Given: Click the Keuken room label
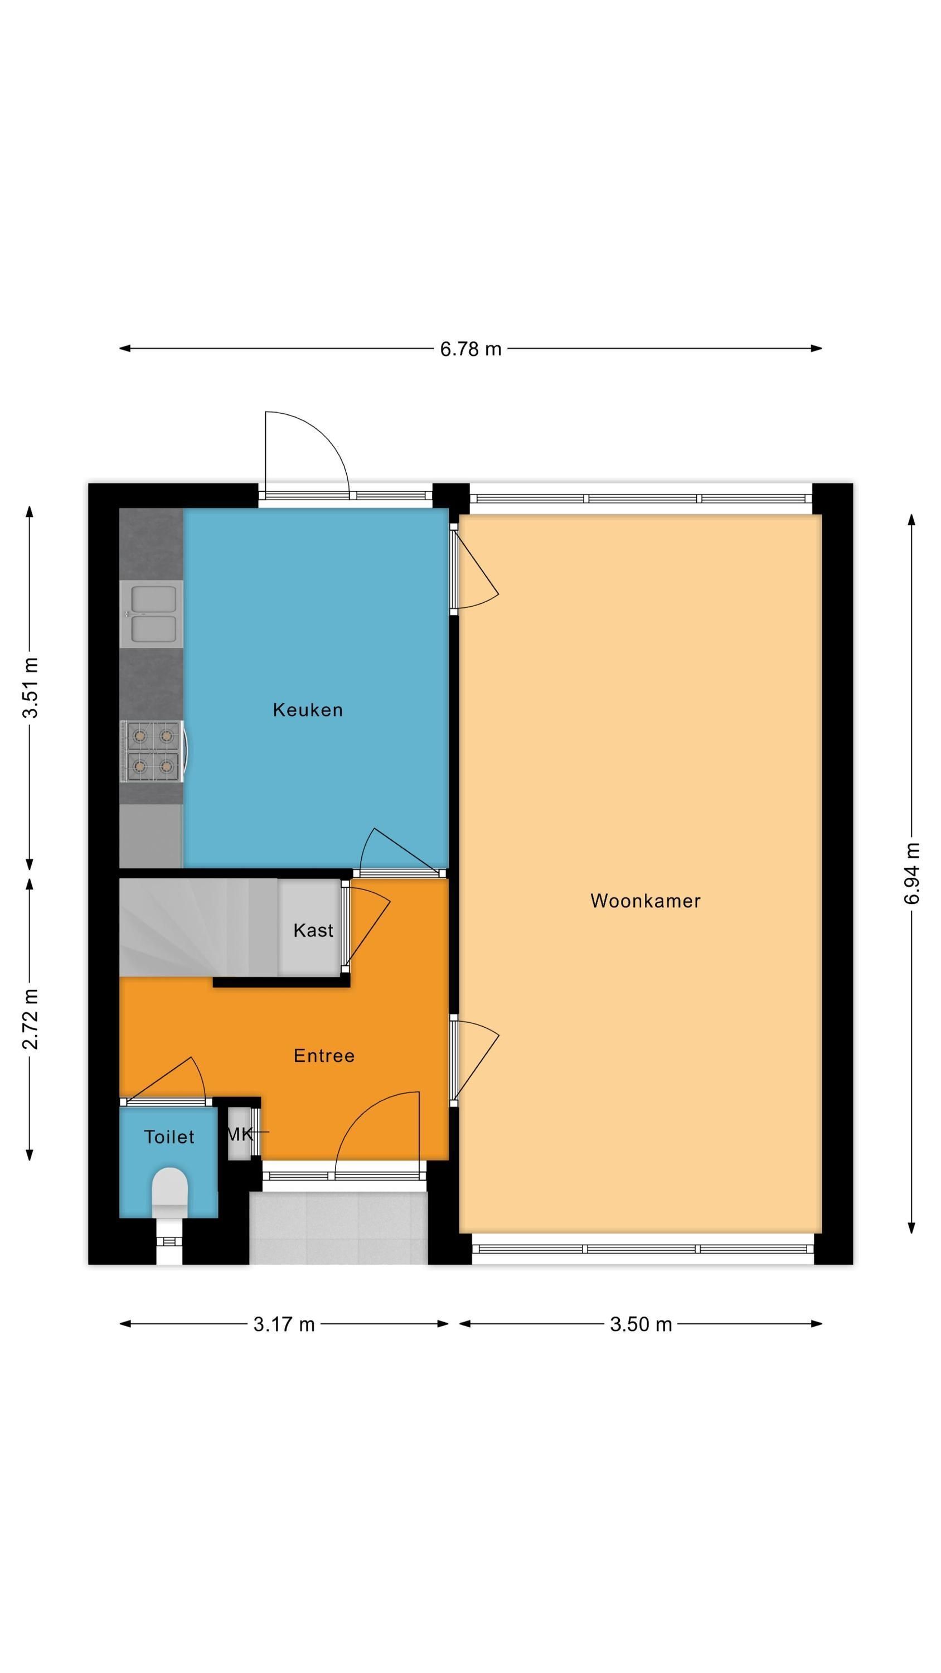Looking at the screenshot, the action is tap(307, 710).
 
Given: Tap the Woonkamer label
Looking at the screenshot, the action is tap(646, 901).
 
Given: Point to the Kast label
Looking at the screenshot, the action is tap(313, 930).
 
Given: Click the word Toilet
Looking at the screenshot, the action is tap(169, 1137).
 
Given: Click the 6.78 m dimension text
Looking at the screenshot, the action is tap(471, 350).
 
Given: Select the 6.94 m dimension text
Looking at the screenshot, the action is tap(912, 873).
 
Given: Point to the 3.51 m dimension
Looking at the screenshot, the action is tap(30, 687).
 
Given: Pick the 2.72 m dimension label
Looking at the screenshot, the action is tap(30, 1018).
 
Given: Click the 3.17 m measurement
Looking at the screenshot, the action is tap(284, 1324).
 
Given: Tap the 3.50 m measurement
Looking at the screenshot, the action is tap(641, 1324).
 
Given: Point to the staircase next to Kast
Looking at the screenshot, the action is tap(198, 927).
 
